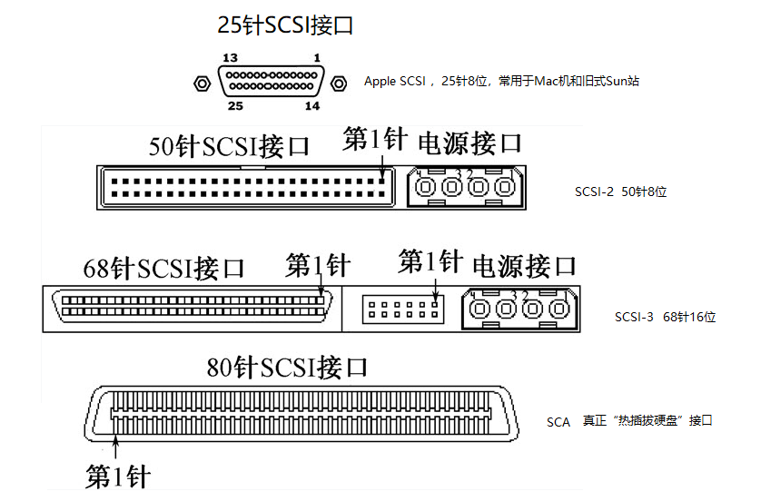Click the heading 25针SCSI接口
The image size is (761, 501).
pyautogui.click(x=285, y=25)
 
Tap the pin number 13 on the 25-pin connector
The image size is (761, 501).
pyautogui.click(x=230, y=58)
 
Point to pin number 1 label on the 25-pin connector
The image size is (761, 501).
pyautogui.click(x=316, y=58)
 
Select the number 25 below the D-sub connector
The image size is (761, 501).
pyautogui.click(x=235, y=106)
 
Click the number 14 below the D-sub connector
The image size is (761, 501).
pyautogui.click(x=311, y=106)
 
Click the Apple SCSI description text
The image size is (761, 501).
pyautogui.click(x=501, y=82)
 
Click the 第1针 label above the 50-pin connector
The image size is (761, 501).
pyautogui.click(x=373, y=139)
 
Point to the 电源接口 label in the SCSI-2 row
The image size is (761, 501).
pyautogui.click(x=469, y=143)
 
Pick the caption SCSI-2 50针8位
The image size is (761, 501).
pyautogui.click(x=620, y=192)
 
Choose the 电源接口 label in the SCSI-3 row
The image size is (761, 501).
pyautogui.click(x=525, y=266)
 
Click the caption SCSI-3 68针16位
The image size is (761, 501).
pyautogui.click(x=665, y=317)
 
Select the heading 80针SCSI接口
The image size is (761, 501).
pyautogui.click(x=288, y=368)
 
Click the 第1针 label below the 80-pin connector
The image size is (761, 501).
pyautogui.click(x=118, y=476)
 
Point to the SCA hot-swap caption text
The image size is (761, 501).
pyautogui.click(x=629, y=421)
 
